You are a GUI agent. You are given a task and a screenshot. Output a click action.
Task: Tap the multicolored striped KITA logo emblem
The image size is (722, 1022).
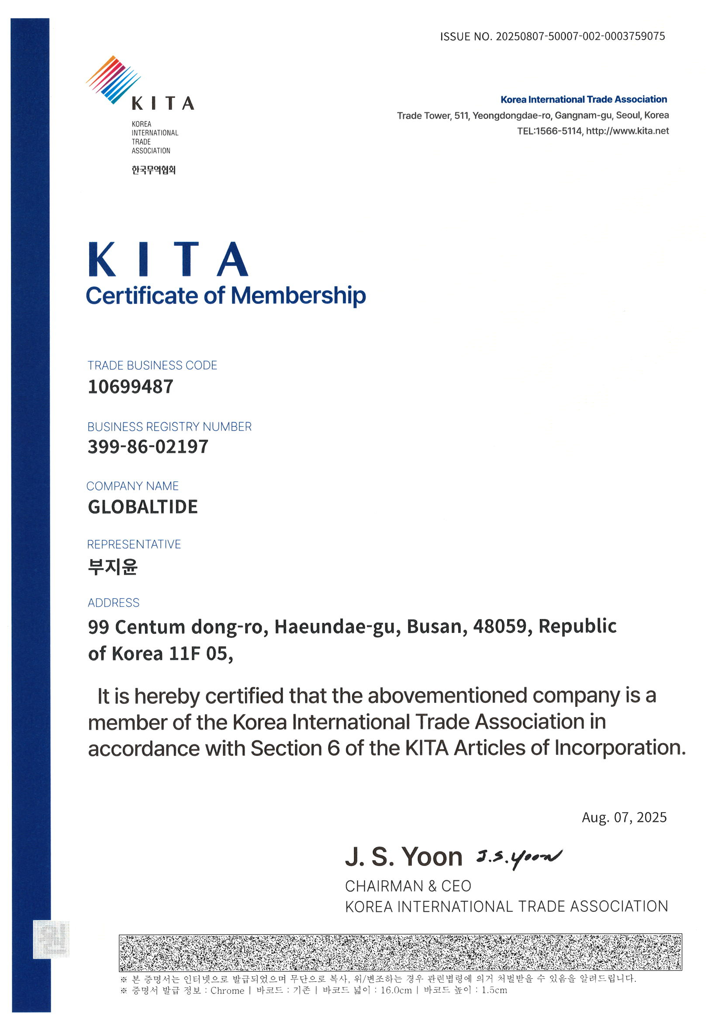coord(113,80)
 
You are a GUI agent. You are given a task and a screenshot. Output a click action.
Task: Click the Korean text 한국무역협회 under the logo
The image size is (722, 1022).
coord(153,170)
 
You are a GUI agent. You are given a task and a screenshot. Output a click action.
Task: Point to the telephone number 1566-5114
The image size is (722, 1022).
coord(558,131)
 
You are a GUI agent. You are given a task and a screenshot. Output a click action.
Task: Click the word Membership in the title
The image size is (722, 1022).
coord(298,295)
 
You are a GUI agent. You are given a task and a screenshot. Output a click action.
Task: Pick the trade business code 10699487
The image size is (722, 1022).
coord(130,386)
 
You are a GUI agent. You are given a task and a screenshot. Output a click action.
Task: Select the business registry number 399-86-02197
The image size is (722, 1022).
coord(148,447)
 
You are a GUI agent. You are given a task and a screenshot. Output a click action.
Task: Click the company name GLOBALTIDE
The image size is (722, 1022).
coord(143,507)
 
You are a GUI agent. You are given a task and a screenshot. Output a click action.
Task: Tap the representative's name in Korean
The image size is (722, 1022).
coord(113,567)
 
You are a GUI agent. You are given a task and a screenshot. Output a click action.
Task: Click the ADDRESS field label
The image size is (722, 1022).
coord(114,603)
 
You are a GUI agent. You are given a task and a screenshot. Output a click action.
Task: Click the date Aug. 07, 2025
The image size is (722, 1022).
coord(624,817)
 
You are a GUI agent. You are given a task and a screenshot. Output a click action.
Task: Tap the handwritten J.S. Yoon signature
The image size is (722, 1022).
coord(518,857)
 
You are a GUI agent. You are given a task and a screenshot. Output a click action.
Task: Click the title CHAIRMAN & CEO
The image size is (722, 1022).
coord(408,886)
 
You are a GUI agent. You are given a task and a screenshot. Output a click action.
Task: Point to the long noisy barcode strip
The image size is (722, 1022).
coord(400,952)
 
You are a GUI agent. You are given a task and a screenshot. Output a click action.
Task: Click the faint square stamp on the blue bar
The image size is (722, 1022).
coord(52,939)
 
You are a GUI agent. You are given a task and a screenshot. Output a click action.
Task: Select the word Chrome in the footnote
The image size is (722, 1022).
coord(227,990)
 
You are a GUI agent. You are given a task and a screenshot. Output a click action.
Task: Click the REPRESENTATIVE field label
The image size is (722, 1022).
coord(134,544)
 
